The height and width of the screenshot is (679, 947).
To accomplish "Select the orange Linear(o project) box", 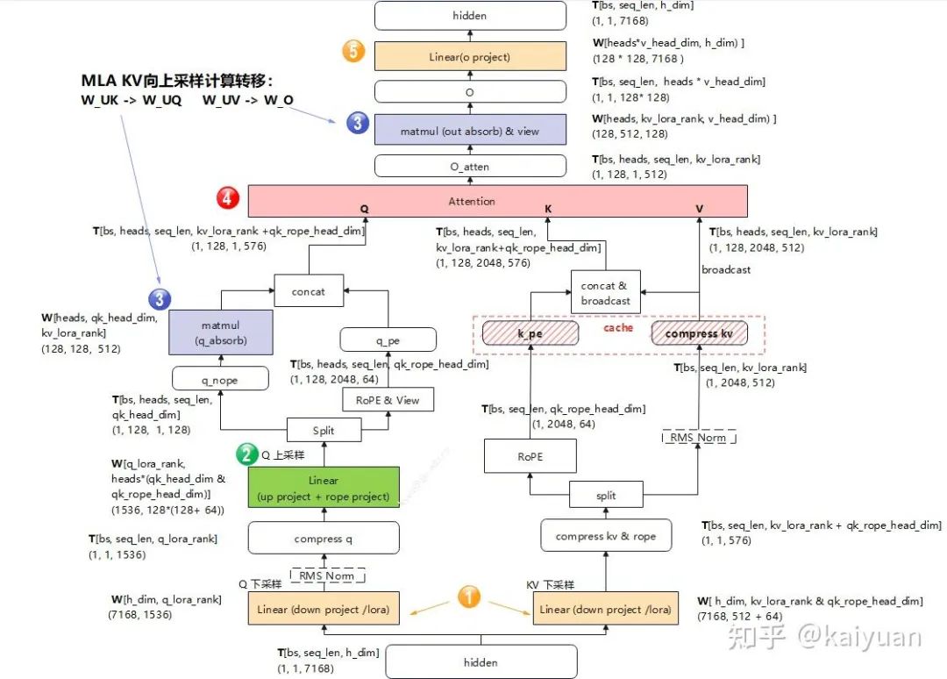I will (470, 56).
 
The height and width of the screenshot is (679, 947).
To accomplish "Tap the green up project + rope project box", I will (324, 489).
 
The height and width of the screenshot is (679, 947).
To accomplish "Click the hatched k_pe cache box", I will (530, 333).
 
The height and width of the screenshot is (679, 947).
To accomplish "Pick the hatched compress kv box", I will (699, 333).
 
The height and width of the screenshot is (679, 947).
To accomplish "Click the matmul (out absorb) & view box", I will (470, 131).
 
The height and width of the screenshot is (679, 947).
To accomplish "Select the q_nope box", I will (219, 380).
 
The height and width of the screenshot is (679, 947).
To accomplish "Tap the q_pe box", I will (388, 339).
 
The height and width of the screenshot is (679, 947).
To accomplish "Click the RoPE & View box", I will (388, 400).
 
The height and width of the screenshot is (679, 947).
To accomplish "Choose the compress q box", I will (324, 538).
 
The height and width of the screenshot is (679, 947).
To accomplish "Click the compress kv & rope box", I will (606, 536).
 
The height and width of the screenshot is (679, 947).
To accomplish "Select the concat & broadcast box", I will (605, 293).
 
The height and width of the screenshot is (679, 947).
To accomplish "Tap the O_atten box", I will (470, 166).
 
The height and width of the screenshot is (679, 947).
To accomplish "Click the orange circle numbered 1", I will (469, 597).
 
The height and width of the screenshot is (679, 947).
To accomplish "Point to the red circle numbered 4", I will (228, 198).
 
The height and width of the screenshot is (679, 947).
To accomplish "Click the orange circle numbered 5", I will (353, 51).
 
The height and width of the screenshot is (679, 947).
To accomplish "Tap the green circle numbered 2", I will (245, 454).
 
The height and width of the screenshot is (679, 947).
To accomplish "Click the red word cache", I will (618, 328).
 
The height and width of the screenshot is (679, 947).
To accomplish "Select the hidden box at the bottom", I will (481, 662).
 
